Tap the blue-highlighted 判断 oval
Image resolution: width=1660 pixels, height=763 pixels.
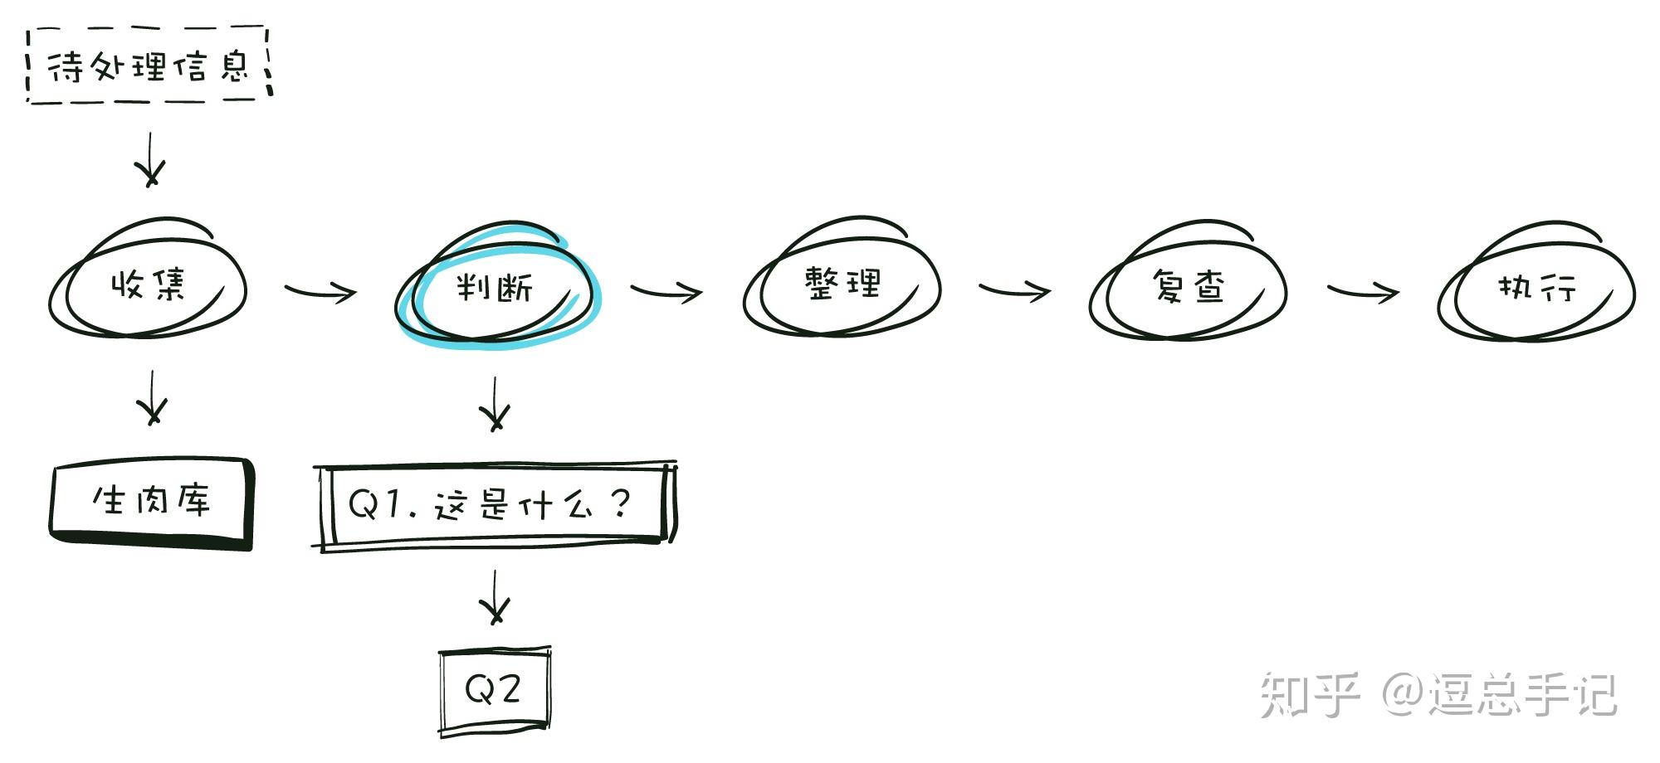[x=496, y=287]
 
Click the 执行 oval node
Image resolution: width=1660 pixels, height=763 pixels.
[x=1536, y=287]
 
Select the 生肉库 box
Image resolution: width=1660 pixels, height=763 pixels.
[x=151, y=501]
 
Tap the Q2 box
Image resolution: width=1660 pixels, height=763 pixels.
[x=495, y=689]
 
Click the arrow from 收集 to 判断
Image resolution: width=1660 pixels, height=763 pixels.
[x=320, y=291]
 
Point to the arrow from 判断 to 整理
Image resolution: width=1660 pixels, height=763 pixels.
[x=666, y=291]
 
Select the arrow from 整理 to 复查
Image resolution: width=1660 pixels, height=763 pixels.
[x=1014, y=290]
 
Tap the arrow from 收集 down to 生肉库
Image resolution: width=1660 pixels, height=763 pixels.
[x=152, y=397]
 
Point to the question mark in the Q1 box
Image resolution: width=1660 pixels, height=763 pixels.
[x=620, y=503]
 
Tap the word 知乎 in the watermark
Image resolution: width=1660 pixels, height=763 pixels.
[x=1310, y=695]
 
